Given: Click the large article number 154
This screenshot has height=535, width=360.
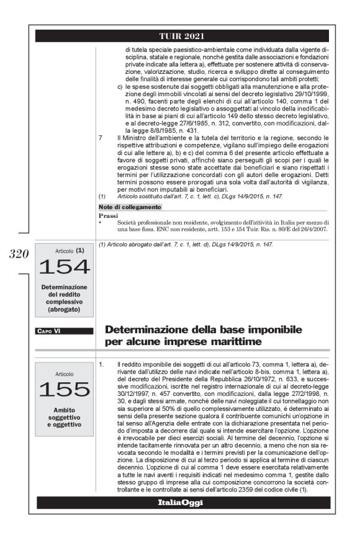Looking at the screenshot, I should (x=64, y=267).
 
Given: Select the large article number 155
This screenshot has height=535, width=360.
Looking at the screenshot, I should (x=64, y=389).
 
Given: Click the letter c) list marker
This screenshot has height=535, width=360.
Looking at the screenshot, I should (x=120, y=88).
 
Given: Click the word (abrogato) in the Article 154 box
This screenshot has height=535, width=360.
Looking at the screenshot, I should (x=64, y=308).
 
